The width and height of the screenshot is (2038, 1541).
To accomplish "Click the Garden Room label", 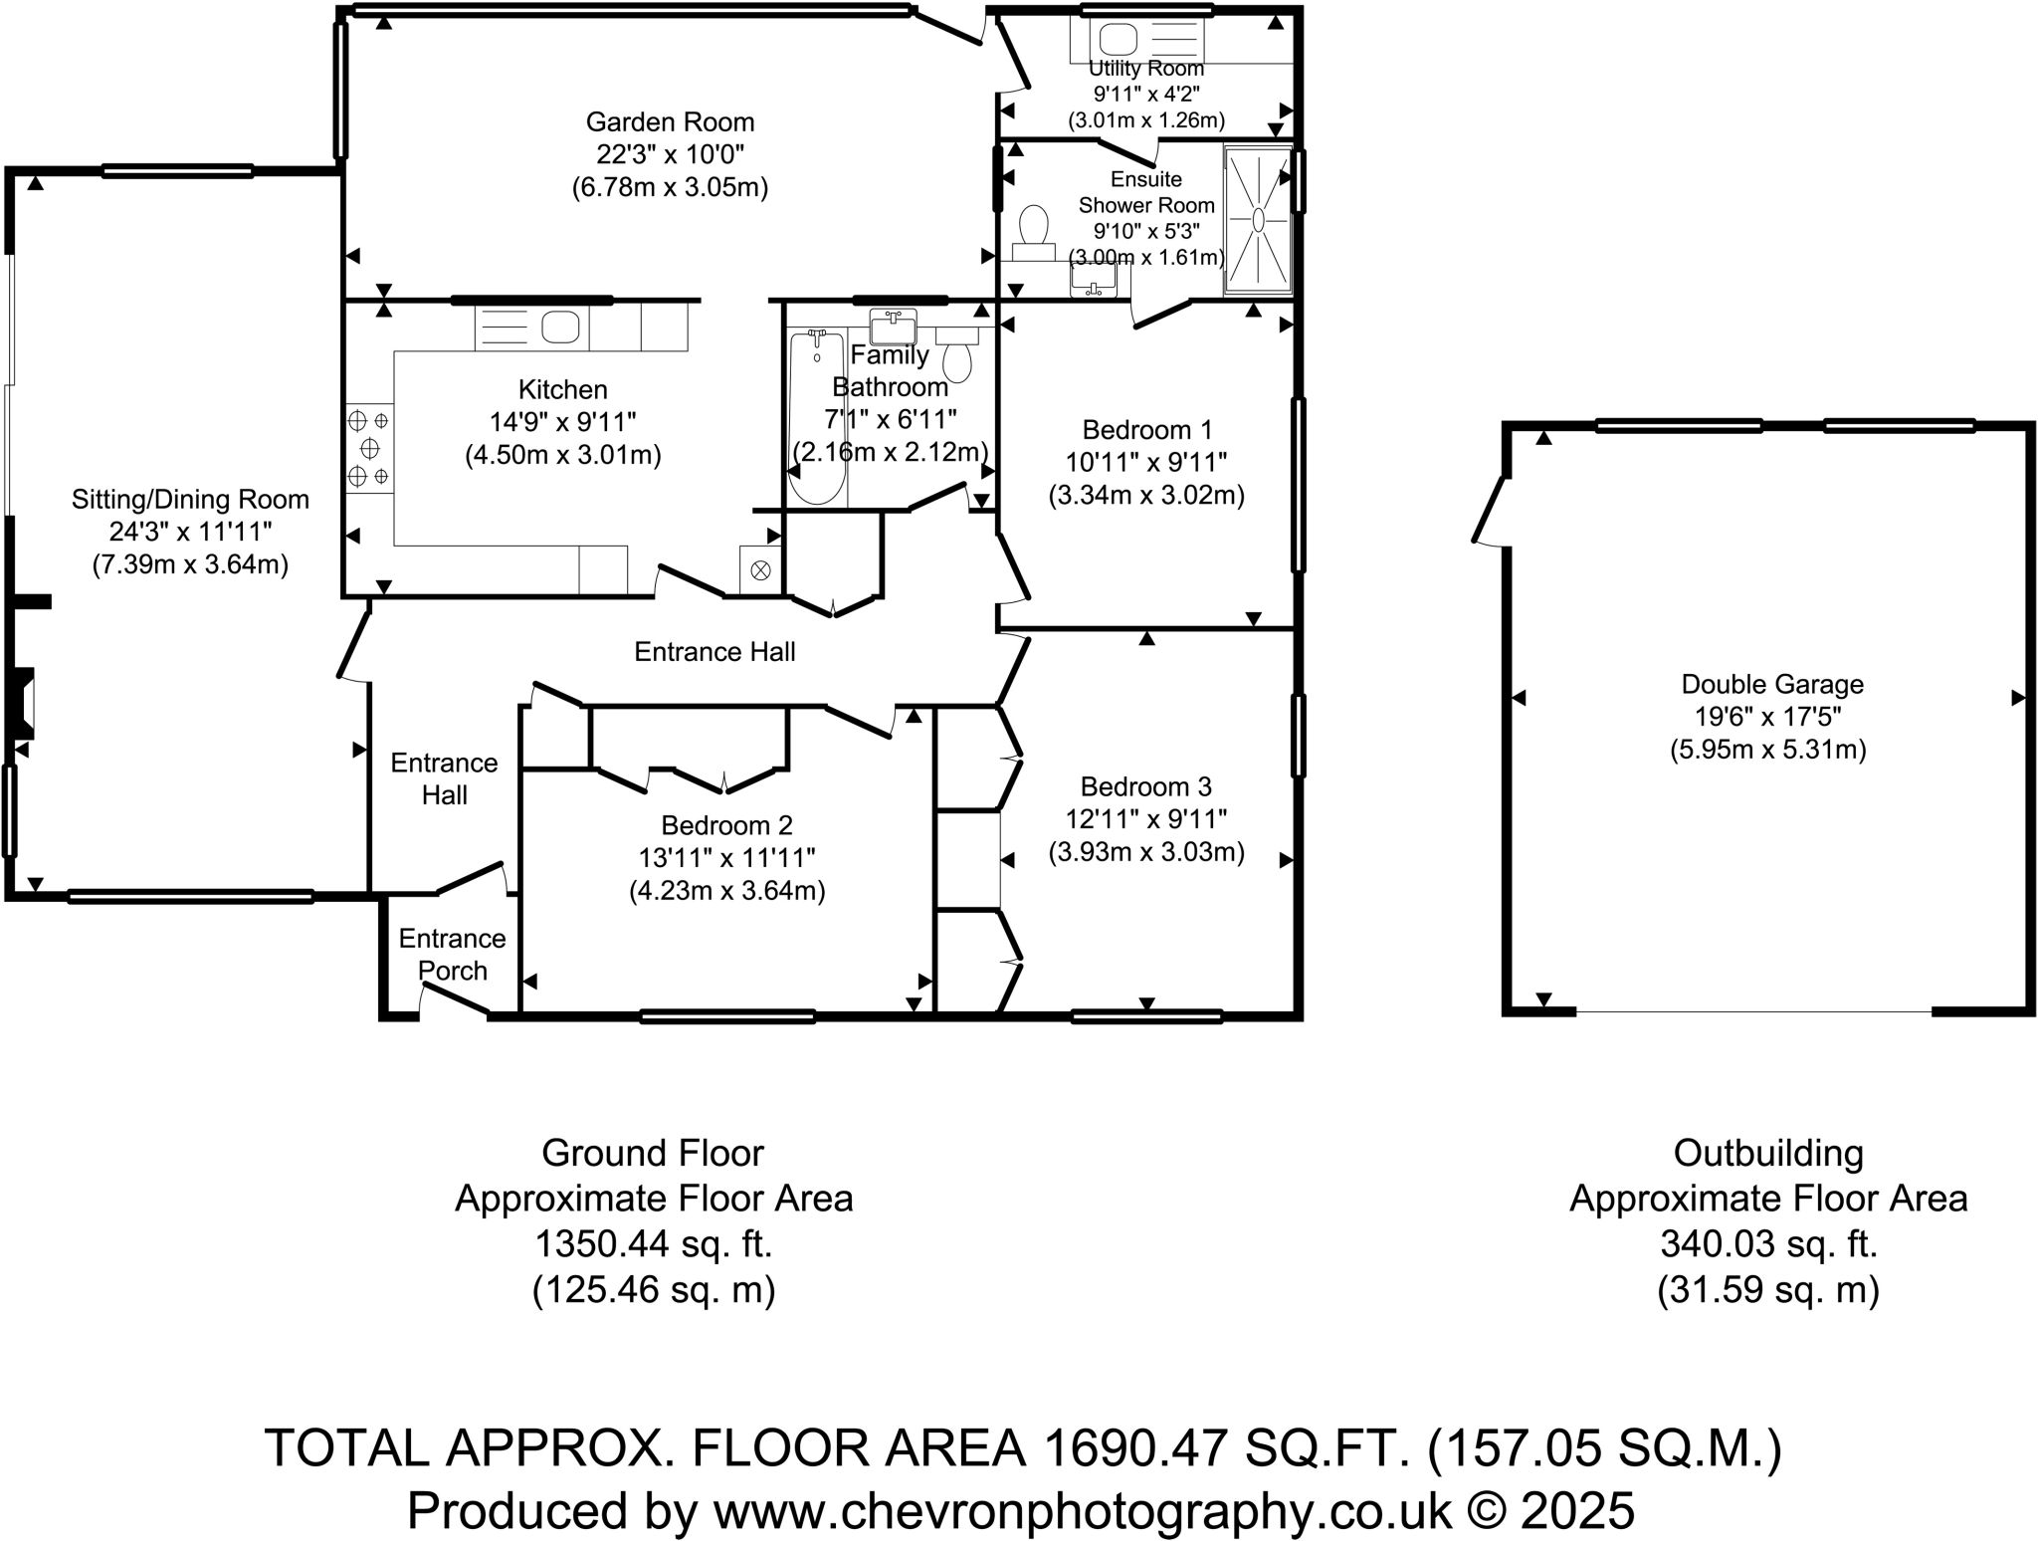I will click(670, 122).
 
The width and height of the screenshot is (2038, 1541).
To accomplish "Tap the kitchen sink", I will click(560, 327).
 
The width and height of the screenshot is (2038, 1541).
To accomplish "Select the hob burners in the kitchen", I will click(369, 449).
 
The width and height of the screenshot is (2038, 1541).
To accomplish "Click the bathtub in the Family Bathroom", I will click(817, 418).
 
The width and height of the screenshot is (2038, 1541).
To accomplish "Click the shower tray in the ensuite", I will click(1258, 220).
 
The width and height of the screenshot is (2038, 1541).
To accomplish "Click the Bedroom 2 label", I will click(726, 825).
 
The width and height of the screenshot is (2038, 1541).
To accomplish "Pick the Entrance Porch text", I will click(452, 955).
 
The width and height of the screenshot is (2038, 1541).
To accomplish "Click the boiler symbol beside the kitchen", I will click(760, 570).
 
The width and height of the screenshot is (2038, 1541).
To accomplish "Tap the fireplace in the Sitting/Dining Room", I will click(24, 704).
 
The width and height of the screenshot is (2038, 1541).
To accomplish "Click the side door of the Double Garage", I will click(1490, 512).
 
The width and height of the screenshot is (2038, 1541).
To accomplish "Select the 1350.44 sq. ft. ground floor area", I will click(654, 1244).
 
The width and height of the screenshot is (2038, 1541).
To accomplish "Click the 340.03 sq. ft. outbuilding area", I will click(1767, 1244).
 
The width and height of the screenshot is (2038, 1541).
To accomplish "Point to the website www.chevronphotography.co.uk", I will click(1083, 1511).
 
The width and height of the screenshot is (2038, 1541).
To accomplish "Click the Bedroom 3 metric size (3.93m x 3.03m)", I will click(1146, 852).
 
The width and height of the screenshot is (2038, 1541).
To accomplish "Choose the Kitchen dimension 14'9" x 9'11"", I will click(562, 422).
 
